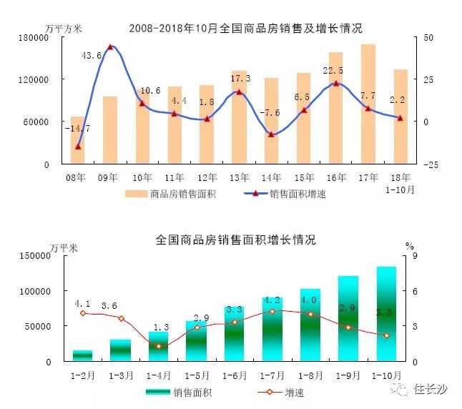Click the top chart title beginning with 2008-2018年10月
click(x=245, y=29)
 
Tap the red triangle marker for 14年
click(x=270, y=134)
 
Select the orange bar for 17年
click(x=368, y=104)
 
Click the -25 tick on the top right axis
click(x=431, y=164)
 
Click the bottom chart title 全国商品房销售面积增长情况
click(x=235, y=240)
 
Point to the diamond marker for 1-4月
click(x=159, y=346)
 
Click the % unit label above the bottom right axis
click(x=409, y=246)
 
